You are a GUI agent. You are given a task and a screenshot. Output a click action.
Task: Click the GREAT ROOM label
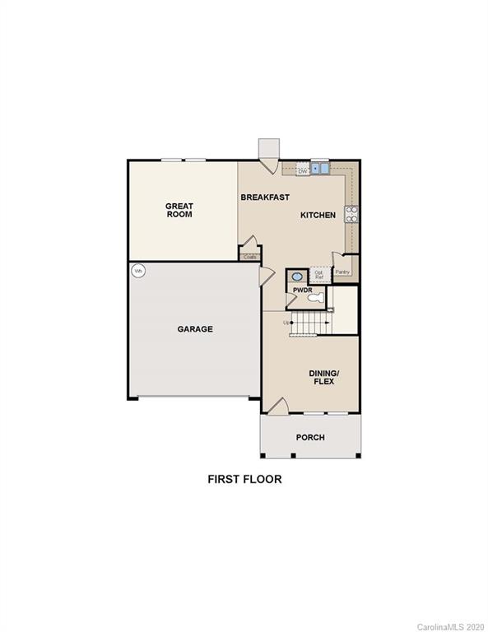(x=179, y=210)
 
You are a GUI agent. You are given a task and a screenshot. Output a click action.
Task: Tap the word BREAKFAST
(x=264, y=197)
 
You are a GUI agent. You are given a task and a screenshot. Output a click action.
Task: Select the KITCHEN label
(x=318, y=215)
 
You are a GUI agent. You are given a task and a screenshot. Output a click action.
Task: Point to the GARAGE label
(x=195, y=329)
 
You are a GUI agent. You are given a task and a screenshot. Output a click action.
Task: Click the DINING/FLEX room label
(x=324, y=377)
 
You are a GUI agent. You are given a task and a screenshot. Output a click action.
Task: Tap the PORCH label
(x=310, y=437)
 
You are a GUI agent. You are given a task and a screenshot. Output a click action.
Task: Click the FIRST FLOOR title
(x=244, y=479)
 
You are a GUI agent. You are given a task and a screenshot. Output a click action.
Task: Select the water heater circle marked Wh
(x=138, y=271)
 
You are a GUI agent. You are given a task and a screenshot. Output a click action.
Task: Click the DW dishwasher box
(x=303, y=170)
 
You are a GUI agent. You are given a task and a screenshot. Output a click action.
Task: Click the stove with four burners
(x=351, y=214)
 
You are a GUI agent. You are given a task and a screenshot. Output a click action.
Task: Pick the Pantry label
(x=342, y=272)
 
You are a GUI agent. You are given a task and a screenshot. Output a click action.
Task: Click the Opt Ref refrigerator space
(x=319, y=275)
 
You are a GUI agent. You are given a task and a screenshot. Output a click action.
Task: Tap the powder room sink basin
(x=296, y=276)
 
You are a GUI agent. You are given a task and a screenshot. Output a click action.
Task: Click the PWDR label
(x=301, y=290)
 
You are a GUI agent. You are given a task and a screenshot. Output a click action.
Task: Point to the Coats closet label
(x=250, y=257)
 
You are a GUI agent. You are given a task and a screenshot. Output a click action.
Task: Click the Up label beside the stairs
(x=286, y=322)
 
